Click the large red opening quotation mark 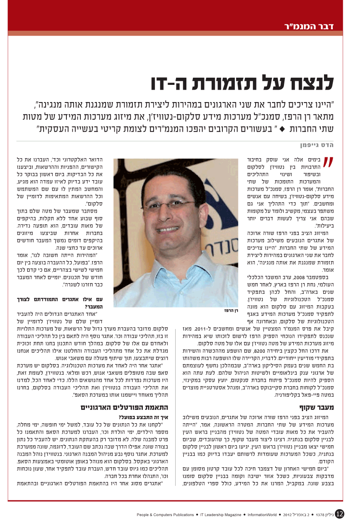328,163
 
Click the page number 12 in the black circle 339,514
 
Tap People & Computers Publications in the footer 165,515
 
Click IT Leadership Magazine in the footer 220,515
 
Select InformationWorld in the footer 262,515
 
